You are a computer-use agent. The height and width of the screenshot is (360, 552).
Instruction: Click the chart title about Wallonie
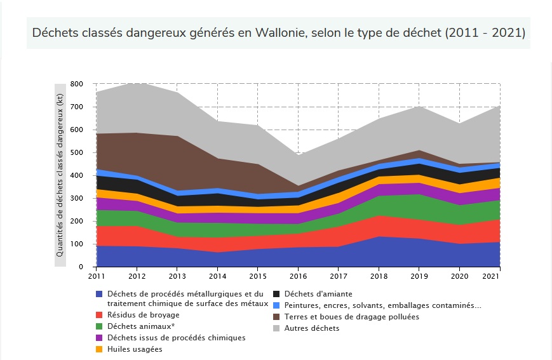click(x=278, y=32)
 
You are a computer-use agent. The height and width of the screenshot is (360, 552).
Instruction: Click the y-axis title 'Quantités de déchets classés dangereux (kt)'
click(x=60, y=175)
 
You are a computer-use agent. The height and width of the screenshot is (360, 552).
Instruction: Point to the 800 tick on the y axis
click(x=77, y=84)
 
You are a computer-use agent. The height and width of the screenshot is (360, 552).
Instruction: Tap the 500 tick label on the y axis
click(x=77, y=152)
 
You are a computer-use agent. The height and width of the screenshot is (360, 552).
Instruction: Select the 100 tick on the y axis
click(x=77, y=244)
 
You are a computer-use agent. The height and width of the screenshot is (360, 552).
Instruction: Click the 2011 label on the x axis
click(x=97, y=276)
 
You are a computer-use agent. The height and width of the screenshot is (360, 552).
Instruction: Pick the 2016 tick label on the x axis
click(x=299, y=276)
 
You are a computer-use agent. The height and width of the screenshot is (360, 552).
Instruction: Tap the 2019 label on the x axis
click(x=419, y=276)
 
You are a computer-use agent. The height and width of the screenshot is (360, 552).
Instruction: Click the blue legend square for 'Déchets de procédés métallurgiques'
click(x=98, y=294)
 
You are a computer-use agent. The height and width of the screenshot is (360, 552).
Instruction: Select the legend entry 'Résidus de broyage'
click(x=143, y=315)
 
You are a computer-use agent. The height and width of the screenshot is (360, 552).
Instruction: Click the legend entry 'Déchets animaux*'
click(x=141, y=326)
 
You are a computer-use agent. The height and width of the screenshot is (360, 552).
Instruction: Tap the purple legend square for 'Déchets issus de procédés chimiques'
click(x=98, y=338)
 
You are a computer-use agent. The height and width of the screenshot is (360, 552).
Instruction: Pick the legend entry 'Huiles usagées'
click(x=135, y=349)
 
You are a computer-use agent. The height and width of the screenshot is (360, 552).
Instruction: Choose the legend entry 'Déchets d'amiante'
click(x=318, y=294)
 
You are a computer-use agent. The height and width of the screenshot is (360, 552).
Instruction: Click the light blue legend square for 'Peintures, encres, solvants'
click(x=277, y=305)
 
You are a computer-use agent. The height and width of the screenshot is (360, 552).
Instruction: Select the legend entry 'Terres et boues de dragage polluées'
click(x=351, y=317)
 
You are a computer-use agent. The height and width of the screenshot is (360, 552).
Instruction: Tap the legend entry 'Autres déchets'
click(x=311, y=328)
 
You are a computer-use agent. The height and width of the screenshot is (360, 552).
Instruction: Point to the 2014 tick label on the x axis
click(x=218, y=276)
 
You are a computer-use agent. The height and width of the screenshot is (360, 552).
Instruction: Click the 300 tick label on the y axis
click(x=77, y=198)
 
